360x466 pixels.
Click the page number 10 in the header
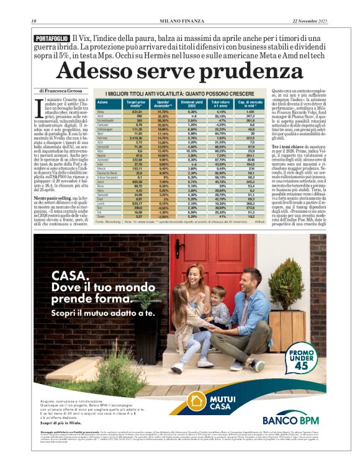(34, 22)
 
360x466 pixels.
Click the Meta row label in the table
(101, 111)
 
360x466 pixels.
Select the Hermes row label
(102, 137)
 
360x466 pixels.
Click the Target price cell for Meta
(135, 111)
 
